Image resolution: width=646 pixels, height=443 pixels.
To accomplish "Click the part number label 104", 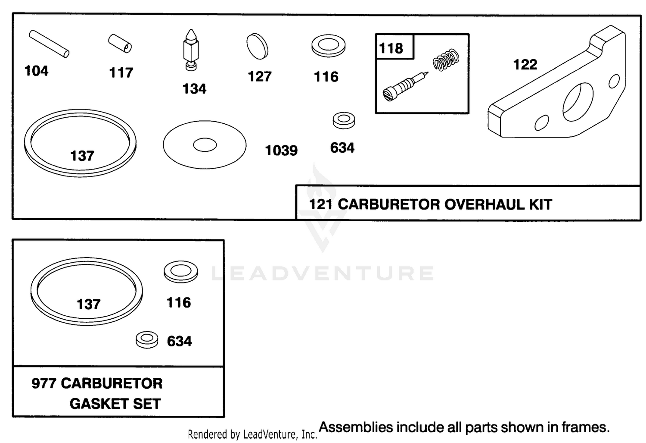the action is tap(36, 71).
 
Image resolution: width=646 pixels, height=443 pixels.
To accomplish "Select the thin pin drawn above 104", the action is tap(49, 44).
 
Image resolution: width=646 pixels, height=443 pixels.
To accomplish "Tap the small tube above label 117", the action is tap(120, 44).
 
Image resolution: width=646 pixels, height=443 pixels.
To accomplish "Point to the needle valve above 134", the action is tap(191, 50).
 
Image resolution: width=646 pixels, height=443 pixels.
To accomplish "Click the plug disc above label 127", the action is tap(257, 46).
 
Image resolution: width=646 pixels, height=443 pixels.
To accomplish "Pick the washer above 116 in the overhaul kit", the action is tap(329, 46).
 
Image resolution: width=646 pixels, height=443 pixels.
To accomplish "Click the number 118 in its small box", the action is tap(391, 48).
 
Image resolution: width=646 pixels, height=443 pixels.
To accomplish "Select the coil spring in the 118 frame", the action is tap(446, 60).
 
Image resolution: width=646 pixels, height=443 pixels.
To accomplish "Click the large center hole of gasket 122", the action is tap(578, 102).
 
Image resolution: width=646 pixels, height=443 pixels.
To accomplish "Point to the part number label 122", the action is tap(525, 64).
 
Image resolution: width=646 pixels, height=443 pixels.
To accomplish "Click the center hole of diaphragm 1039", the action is tap(205, 145).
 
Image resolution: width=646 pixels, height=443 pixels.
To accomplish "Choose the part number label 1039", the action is tap(281, 151).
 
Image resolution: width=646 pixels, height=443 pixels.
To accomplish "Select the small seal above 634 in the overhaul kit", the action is tap(344, 120).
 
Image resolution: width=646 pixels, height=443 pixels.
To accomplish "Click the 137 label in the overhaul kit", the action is tap(82, 156).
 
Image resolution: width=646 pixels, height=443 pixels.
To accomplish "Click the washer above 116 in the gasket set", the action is tap(181, 272).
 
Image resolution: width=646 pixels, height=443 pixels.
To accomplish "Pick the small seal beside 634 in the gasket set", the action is tap(147, 339).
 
